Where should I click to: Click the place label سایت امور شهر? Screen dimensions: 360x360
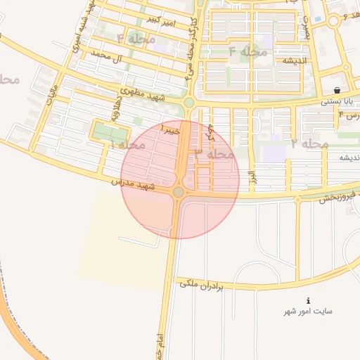308,311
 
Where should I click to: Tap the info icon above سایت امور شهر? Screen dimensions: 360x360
308,300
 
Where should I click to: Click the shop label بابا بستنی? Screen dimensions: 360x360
336,101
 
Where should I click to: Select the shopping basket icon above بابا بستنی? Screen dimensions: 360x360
337,90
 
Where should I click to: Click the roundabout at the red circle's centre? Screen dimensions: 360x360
179,192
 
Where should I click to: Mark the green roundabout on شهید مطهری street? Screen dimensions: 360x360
188,103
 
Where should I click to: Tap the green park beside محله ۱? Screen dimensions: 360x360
110,132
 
